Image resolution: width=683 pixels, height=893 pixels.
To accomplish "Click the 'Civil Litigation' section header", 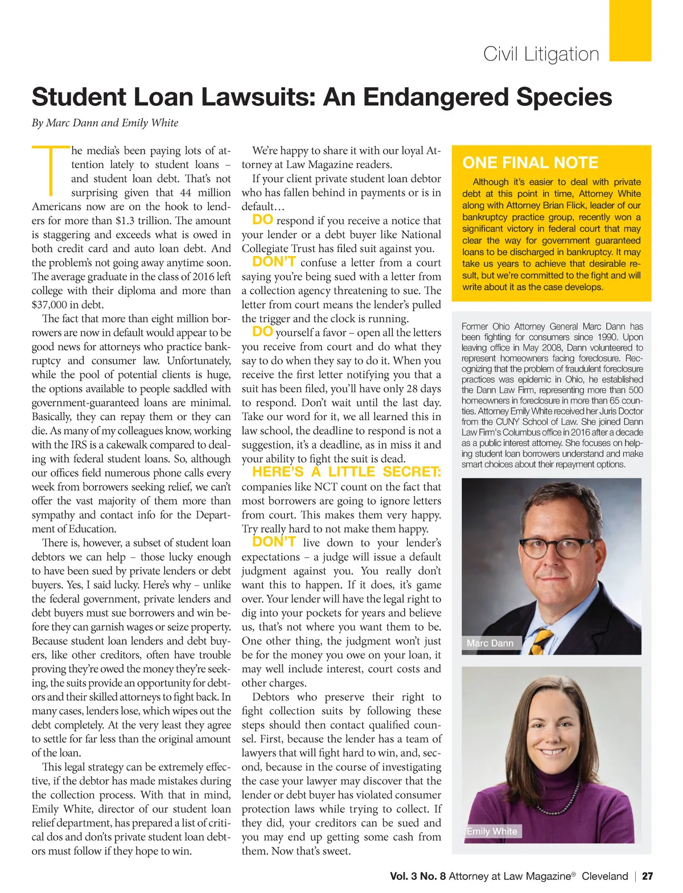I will pos(541,54).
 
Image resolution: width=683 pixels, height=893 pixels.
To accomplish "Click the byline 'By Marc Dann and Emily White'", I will pos(105,123).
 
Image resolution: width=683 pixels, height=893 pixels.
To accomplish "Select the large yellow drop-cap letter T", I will pos(50,169).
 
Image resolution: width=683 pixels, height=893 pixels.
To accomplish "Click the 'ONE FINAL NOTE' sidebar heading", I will pos(530,163).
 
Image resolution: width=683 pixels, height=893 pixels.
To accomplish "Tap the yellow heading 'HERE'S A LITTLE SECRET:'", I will pos(346,472).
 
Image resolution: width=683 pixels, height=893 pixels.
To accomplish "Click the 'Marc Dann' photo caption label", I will pos(490,643).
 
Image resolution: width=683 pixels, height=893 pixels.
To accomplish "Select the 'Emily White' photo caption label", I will pos(492,832).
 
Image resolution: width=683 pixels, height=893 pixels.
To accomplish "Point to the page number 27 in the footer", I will pos(648,876).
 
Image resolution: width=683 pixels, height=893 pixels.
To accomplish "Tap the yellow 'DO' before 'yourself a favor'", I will pos(263,332).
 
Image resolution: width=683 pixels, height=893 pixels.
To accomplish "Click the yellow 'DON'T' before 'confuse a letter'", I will pos(274,262).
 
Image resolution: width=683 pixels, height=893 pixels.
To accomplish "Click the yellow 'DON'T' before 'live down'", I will pos(274,542).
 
